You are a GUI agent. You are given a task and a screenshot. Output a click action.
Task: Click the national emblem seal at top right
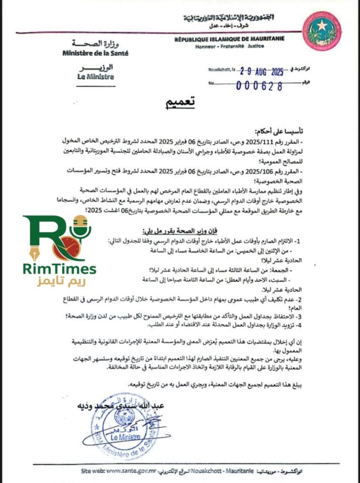pyautogui.click(x=322, y=31)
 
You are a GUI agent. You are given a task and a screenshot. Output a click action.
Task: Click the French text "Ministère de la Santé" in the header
pyautogui.click(x=95, y=53)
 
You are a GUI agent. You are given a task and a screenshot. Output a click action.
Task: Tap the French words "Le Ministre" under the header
pyautogui.click(x=96, y=76)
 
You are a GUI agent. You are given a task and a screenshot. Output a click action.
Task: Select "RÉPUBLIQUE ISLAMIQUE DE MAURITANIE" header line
pyautogui.click(x=229, y=39)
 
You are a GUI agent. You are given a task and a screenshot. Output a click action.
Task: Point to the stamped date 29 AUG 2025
pyautogui.click(x=255, y=72)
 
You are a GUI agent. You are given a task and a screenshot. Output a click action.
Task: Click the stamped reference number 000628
pyautogui.click(x=260, y=86)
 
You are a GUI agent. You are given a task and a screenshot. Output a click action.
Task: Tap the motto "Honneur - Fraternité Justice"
pyautogui.click(x=230, y=46)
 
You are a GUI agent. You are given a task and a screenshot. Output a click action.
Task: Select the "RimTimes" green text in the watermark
pyautogui.click(x=59, y=269)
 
